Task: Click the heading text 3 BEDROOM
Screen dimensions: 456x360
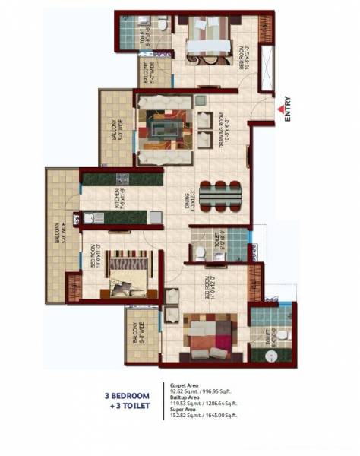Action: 127,396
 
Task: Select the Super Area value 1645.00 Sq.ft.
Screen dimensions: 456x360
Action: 217,415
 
